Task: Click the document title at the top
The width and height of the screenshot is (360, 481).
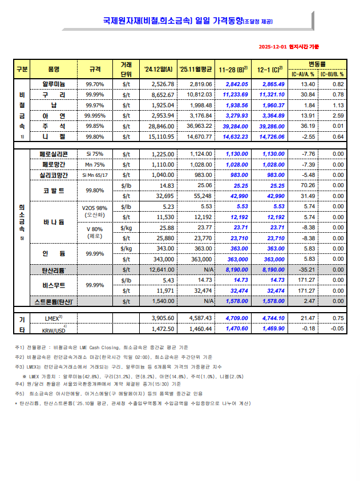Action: point(180,21)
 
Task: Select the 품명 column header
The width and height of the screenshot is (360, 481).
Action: point(54,69)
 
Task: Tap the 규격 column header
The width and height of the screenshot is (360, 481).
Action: point(95,69)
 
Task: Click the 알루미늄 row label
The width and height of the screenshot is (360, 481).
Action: point(54,84)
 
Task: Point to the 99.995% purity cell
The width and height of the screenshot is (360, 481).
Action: point(95,115)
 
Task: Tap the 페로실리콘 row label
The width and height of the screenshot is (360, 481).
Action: point(54,154)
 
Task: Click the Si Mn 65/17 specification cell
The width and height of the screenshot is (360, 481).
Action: point(95,175)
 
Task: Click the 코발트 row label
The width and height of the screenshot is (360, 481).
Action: point(54,191)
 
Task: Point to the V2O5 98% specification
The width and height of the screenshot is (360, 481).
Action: point(95,207)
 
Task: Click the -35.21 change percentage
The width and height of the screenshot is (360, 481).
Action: point(308,269)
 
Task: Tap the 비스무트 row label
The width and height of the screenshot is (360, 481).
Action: point(54,285)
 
